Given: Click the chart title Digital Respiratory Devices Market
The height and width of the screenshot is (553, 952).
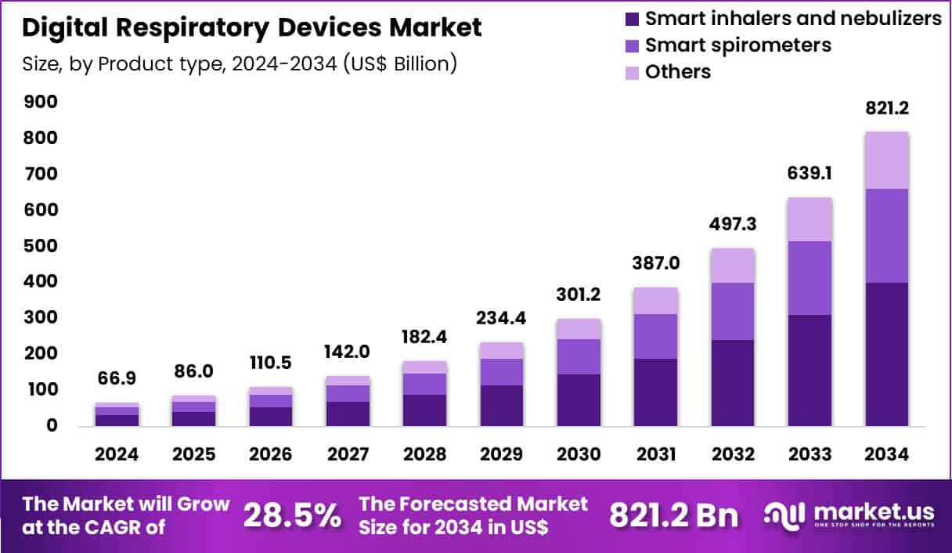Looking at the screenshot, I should (252, 28).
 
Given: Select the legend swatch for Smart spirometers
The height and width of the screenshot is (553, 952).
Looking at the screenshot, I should (632, 45).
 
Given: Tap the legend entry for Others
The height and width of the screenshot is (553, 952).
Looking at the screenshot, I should (677, 72).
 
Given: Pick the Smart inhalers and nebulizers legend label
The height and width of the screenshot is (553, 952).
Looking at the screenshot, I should (793, 19).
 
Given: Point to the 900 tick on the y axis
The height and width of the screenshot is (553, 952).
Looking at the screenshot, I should (41, 102).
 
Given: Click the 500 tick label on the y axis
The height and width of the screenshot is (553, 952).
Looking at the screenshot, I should (41, 246).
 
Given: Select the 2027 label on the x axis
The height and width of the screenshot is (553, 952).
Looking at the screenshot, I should (348, 455).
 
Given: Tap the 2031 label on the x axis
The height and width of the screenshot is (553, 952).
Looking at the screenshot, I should (655, 455).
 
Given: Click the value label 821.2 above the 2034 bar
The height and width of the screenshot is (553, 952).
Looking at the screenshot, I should (886, 108).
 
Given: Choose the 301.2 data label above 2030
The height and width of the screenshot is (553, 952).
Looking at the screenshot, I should (579, 295).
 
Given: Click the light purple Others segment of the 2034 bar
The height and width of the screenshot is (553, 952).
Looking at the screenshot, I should (886, 161).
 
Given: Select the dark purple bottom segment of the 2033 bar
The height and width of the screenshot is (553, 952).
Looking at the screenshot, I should (810, 370).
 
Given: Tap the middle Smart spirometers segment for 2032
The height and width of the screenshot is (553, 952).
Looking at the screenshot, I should (733, 311).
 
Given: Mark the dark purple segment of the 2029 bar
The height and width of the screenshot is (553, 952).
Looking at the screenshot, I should (501, 405).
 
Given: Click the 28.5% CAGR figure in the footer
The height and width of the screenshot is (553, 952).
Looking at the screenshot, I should (292, 515).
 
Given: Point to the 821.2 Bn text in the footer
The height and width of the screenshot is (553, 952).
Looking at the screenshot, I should (673, 515).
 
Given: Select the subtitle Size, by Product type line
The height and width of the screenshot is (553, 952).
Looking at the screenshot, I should (240, 63).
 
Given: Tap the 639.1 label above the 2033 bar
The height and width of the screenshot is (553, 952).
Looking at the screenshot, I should (810, 174).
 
